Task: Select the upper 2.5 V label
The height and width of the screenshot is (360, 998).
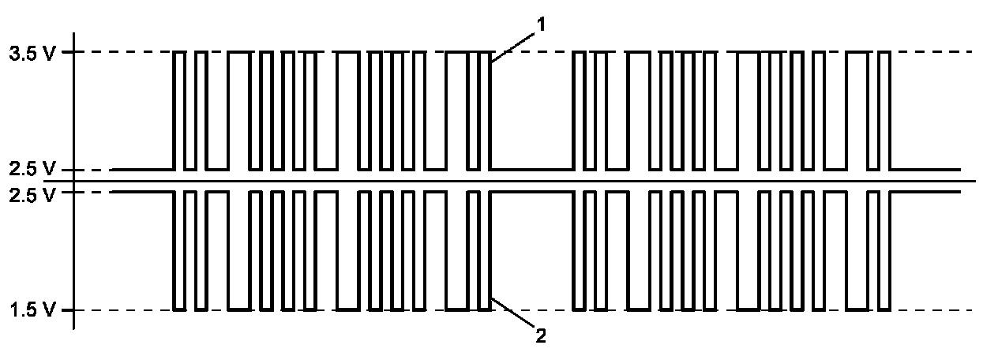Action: coord(31,170)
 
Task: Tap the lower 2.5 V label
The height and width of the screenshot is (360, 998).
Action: coord(31,194)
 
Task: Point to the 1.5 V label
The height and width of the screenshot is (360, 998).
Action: coord(31,310)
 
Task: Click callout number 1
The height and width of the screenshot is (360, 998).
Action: coord(542,24)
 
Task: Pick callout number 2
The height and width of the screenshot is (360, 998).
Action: coord(541,336)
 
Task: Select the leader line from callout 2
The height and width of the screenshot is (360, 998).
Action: coord(512,316)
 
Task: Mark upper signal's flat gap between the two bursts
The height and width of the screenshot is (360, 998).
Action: coord(531,169)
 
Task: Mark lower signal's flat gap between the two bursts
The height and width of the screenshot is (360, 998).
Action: coord(531,192)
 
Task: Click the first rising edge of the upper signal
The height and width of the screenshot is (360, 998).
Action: coord(174,111)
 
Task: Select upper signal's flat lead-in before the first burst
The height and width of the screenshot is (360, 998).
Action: coord(142,169)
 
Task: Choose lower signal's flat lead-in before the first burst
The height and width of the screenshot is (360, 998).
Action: coord(142,192)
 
